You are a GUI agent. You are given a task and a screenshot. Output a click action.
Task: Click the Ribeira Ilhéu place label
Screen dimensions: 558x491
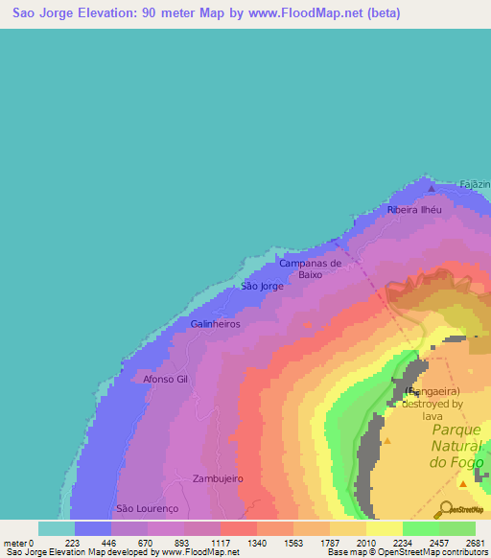tap(413, 209)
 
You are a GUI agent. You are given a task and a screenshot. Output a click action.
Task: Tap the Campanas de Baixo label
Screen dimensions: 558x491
tap(310, 268)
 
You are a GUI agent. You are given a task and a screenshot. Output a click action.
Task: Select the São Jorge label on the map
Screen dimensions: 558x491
tap(261, 287)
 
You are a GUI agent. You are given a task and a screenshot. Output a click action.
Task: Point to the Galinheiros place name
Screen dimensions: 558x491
tap(215, 325)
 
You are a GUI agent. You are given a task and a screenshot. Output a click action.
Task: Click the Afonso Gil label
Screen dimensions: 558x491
tap(168, 379)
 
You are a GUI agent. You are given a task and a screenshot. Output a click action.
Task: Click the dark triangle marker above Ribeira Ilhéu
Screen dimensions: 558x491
tap(431, 190)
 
